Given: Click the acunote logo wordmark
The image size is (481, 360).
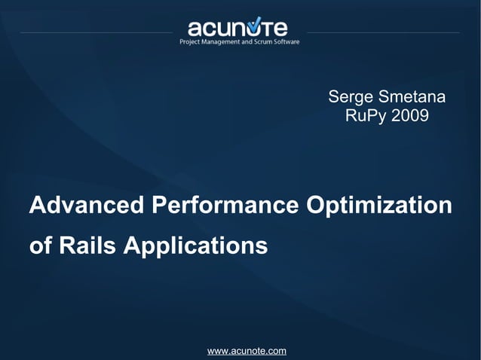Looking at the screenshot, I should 237,28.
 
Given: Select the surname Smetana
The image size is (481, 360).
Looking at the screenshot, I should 414,98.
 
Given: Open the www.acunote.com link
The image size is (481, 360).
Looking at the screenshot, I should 247,351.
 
